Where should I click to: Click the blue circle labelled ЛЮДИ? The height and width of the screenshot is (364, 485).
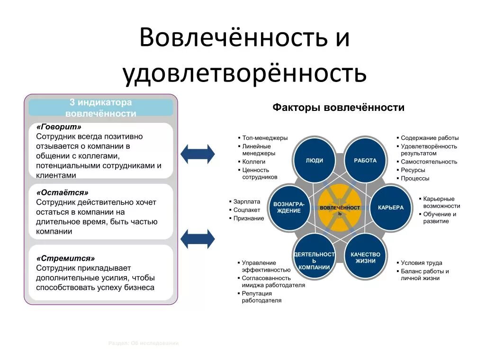314,160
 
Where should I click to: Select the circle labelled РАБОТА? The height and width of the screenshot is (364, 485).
365,160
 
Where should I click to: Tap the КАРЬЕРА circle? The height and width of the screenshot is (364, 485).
391,208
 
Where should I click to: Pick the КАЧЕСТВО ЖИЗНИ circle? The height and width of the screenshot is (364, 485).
365,257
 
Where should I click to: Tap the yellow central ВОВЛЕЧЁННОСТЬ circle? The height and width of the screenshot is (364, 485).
340,209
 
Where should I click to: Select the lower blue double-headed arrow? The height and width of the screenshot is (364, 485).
198,239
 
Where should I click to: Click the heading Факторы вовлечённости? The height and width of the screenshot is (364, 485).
338,108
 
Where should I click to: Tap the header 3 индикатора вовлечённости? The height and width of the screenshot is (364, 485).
101,108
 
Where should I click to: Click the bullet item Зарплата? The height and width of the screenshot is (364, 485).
247,201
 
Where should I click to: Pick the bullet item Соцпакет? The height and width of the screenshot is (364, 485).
247,210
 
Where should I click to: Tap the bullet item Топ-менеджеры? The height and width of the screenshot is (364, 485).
265,138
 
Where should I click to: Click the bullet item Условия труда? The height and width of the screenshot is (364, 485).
422,263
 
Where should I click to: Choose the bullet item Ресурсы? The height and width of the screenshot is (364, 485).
413,170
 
